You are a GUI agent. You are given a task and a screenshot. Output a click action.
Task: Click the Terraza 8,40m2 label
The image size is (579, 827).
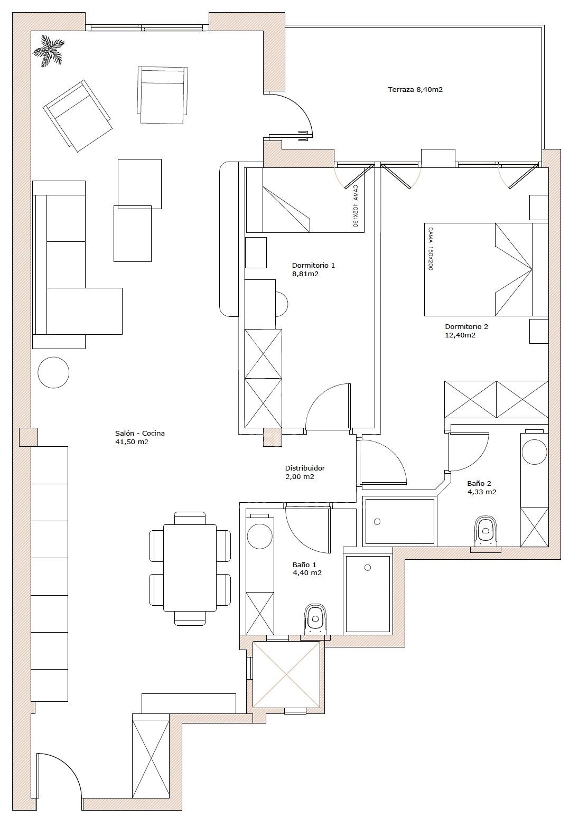(x=415, y=89)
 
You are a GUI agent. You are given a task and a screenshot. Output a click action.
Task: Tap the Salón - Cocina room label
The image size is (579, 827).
(x=139, y=437)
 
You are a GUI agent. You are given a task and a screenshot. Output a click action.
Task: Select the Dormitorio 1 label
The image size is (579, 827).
(x=313, y=269)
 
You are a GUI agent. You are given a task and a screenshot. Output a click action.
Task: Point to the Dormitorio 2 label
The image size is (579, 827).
(x=466, y=331)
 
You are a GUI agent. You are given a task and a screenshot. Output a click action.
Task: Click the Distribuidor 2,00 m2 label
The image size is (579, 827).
(x=305, y=472)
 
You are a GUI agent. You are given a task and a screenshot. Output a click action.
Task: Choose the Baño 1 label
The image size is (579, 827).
(x=306, y=569)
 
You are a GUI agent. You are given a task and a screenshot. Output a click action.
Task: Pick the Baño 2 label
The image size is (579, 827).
(x=481, y=488)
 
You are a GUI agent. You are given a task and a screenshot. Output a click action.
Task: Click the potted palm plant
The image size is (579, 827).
(x=48, y=51)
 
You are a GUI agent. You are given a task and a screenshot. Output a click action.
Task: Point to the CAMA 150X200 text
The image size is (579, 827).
(x=430, y=248)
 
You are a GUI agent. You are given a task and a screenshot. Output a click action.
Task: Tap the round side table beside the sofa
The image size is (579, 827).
(x=53, y=372)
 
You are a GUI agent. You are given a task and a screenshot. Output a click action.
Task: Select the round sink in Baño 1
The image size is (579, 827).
(x=259, y=536)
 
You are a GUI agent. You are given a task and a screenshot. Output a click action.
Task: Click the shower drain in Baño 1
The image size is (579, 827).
(x=367, y=568)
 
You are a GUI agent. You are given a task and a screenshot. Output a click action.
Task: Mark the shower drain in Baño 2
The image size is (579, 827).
(x=377, y=522)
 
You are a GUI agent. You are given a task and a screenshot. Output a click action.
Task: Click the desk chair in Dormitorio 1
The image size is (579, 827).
(x=282, y=304)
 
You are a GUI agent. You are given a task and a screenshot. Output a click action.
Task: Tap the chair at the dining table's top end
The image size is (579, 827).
(x=190, y=518)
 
